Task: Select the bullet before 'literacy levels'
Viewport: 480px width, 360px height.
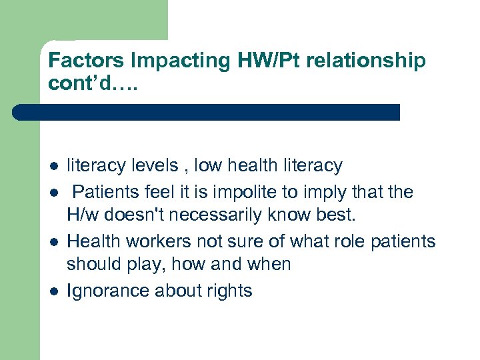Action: pos(53,166)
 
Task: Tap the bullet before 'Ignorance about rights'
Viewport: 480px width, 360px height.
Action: pos(53,291)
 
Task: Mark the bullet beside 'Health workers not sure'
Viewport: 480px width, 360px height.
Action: pos(53,241)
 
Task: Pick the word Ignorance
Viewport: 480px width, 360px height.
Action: pos(109,291)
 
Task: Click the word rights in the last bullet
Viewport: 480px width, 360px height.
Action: pos(231,291)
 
